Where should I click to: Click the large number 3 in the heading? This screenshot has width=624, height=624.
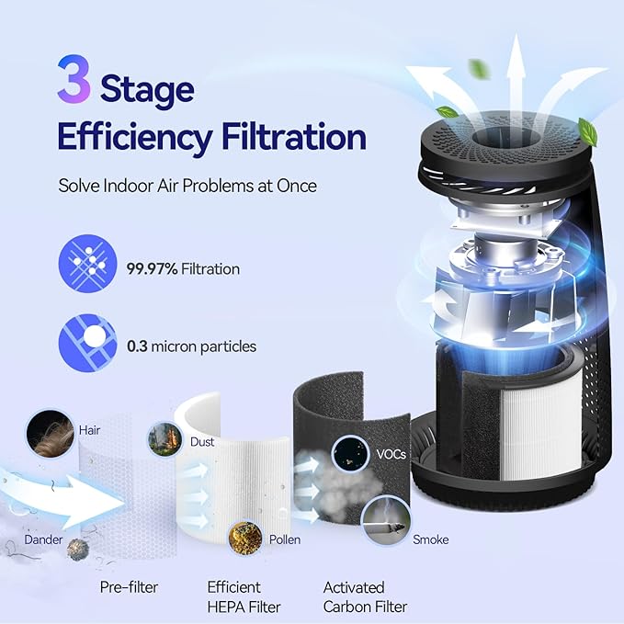(74, 81)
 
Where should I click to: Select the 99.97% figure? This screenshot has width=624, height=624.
(152, 269)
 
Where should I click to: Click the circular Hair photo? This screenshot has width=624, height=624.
(51, 432)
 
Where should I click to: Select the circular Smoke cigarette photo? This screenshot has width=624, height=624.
(383, 519)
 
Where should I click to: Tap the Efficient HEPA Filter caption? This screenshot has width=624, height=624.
(243, 596)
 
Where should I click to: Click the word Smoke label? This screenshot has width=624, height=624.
(430, 539)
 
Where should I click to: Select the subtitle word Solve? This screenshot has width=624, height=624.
(77, 186)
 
